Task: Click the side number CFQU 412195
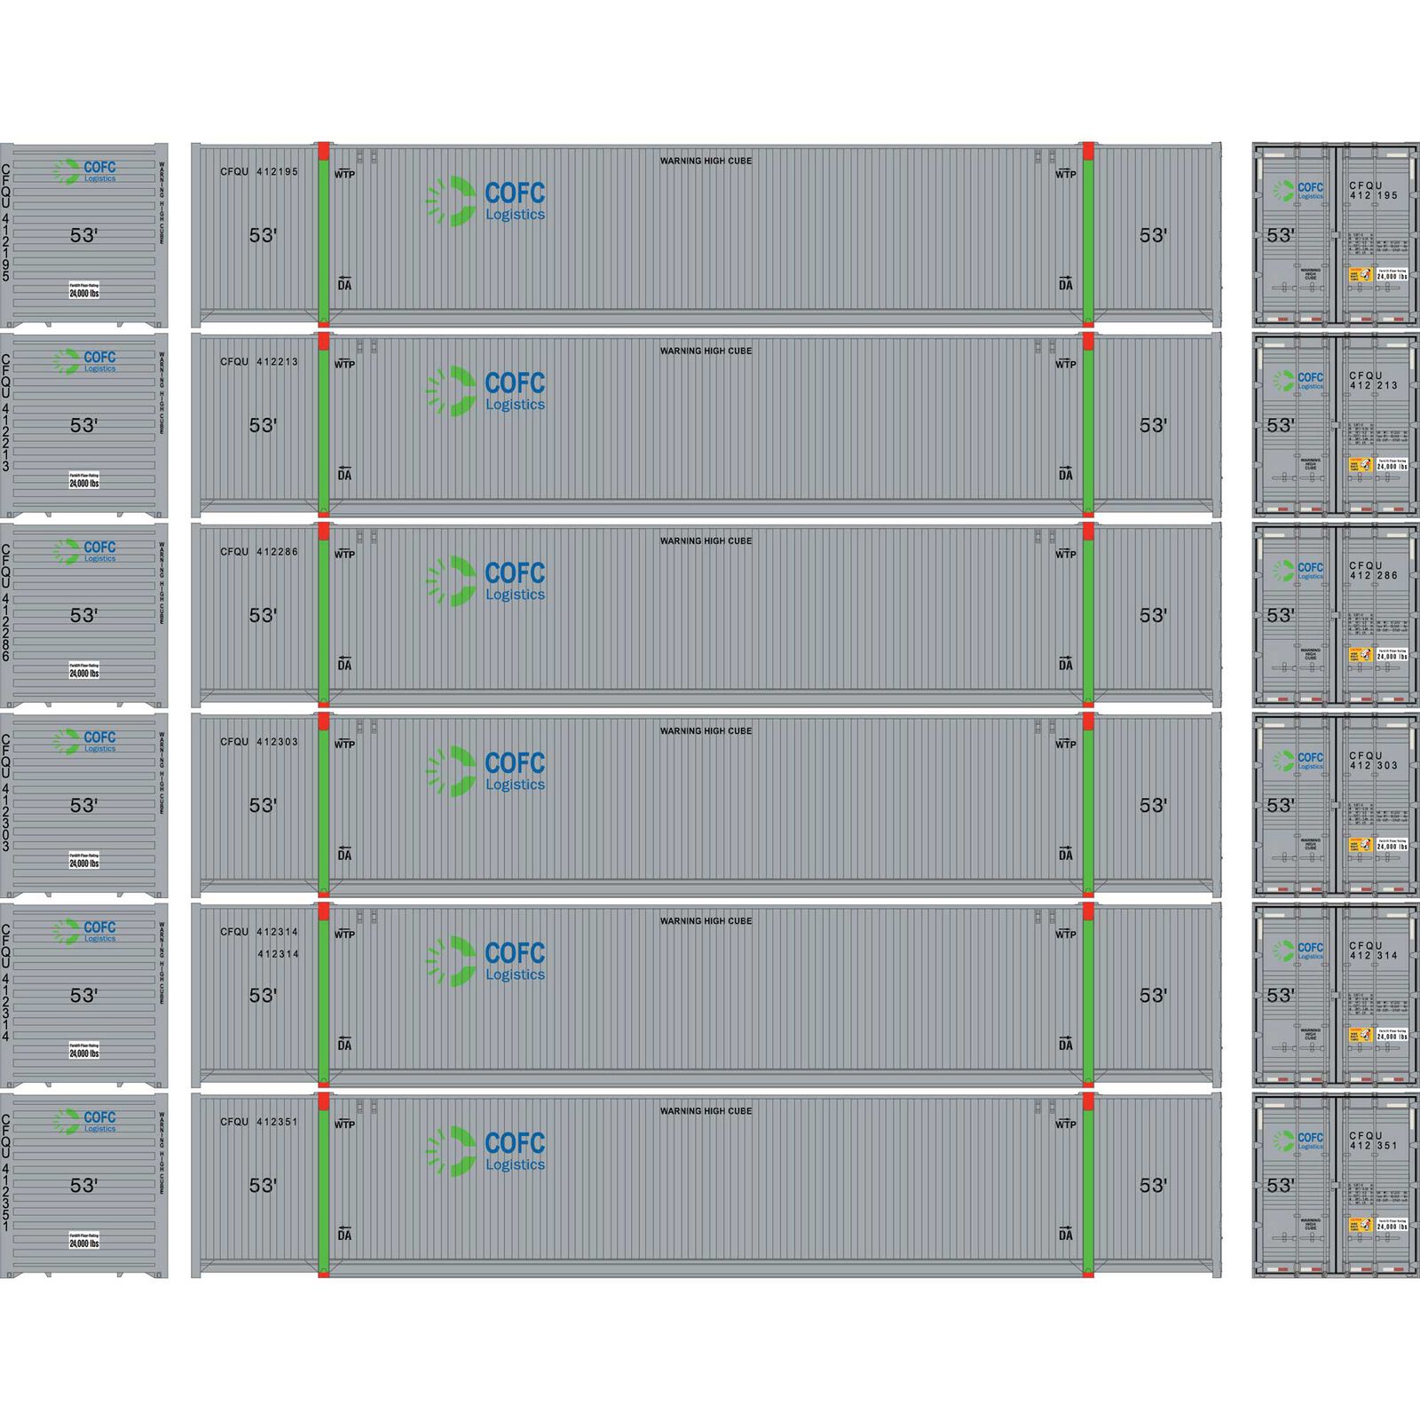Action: (x=259, y=171)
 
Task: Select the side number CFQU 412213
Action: (x=259, y=362)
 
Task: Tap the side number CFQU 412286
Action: (x=259, y=552)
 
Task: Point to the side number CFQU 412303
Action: (x=259, y=742)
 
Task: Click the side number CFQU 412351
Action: (x=259, y=1122)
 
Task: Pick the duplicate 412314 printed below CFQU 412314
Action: (x=278, y=954)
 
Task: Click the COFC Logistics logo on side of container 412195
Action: (x=485, y=201)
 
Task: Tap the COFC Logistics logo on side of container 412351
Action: (x=485, y=1151)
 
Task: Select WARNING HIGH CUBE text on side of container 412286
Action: (x=706, y=540)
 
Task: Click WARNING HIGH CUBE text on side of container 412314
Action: (x=706, y=921)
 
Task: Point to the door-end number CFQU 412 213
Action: (x=1373, y=381)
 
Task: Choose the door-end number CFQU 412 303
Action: (x=1373, y=761)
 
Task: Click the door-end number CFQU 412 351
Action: (x=1373, y=1140)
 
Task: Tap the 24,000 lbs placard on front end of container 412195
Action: (x=84, y=290)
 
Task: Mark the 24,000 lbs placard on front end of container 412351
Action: (x=84, y=1241)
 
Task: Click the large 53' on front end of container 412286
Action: (x=83, y=615)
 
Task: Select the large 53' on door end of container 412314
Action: (x=1280, y=996)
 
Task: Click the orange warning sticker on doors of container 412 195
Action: (x=1360, y=275)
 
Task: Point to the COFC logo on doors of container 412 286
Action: (x=1298, y=571)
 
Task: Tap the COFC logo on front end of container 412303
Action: (x=85, y=741)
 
